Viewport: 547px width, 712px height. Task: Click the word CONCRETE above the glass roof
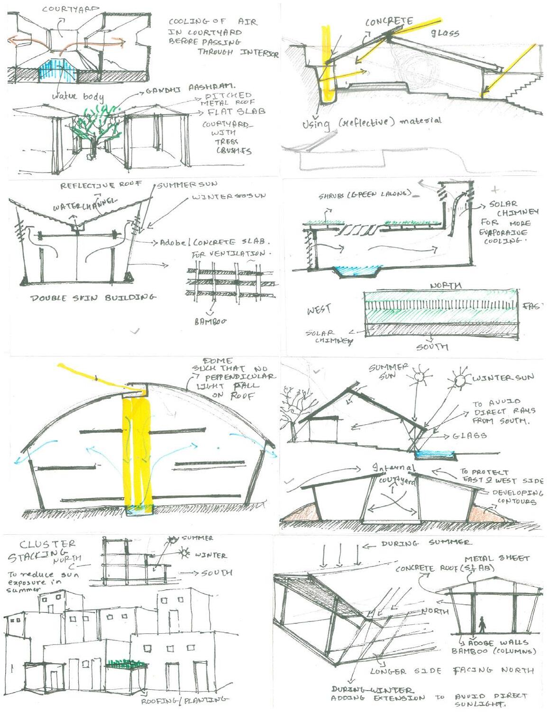(x=389, y=22)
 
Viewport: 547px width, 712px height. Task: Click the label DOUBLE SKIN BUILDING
(x=93, y=298)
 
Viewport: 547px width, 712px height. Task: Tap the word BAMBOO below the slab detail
(x=211, y=321)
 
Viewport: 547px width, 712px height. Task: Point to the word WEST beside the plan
(x=319, y=310)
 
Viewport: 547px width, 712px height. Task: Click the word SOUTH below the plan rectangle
(x=432, y=347)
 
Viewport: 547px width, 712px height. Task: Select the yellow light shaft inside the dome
(x=137, y=450)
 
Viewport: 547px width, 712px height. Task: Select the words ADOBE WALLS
(x=498, y=642)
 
